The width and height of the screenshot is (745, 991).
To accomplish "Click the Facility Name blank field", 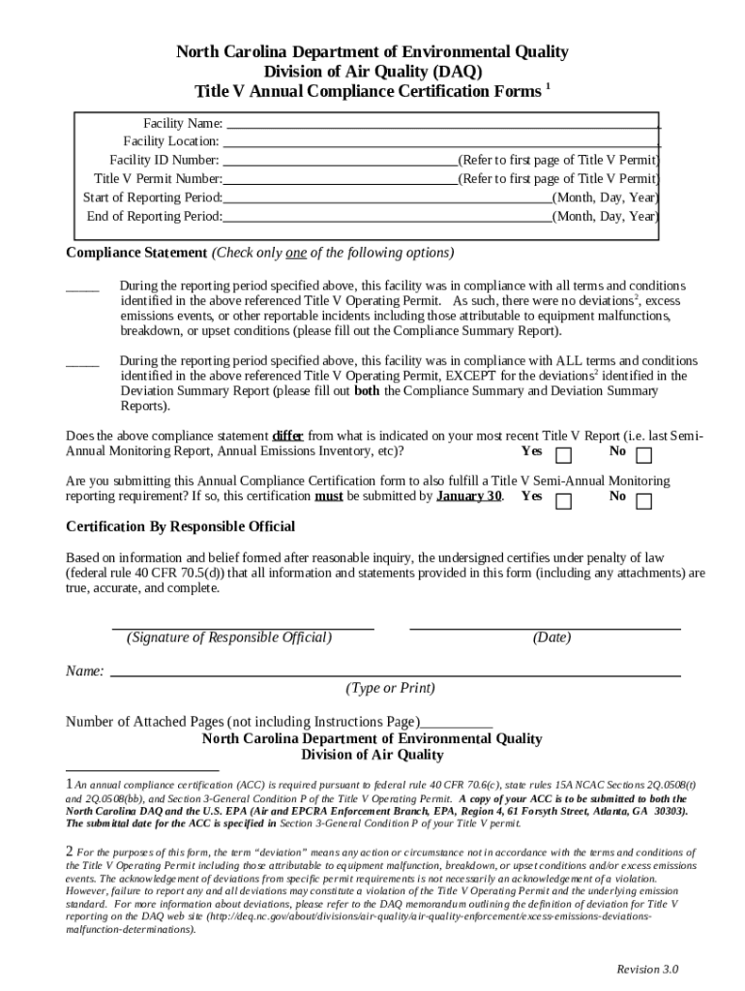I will click(442, 124).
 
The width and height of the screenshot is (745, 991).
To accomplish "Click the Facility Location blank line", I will click(442, 142).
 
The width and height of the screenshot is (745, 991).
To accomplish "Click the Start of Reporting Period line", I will click(387, 197).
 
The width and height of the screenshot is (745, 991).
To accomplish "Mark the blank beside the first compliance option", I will click(82, 287).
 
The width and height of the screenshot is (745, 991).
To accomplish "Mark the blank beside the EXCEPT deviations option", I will click(82, 362).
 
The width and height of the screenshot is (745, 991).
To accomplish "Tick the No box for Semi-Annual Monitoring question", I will click(643, 500).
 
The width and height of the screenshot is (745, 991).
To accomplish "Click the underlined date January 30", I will click(469, 496).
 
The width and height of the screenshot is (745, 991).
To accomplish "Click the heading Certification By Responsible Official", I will click(180, 526).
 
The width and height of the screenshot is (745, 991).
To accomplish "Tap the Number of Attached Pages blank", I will click(457, 723).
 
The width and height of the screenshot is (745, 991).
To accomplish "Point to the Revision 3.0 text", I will click(647, 970).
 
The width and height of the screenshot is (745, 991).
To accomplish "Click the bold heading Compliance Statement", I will click(135, 253).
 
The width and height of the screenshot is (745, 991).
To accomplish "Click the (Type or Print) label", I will click(390, 688).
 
